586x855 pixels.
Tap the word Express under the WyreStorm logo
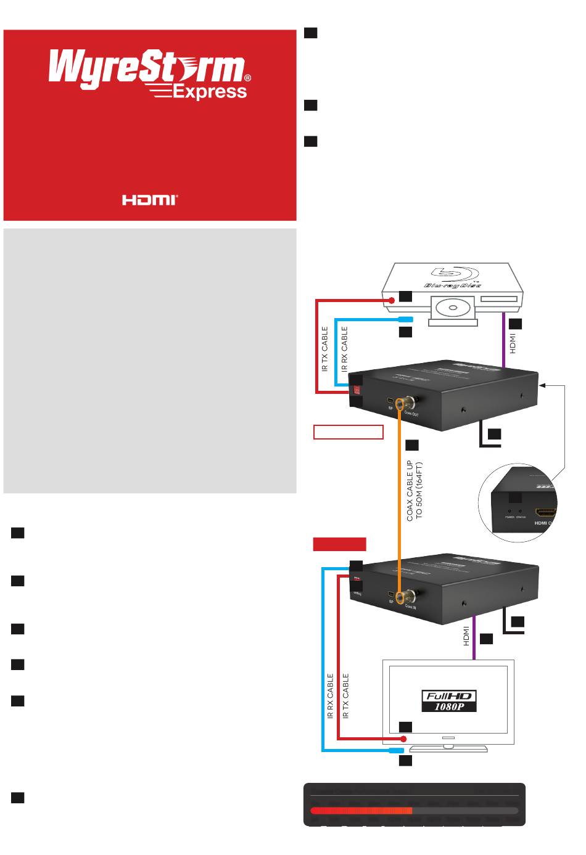point(210,92)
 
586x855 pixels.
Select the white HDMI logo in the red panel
point(150,200)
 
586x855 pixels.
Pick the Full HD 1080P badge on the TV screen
point(449,701)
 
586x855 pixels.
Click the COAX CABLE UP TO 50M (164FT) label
point(414,491)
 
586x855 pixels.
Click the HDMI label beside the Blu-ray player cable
point(513,343)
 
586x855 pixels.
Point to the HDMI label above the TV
point(466,636)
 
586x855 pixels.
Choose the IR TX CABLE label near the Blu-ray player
point(324,349)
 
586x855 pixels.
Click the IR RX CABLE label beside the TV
point(330,696)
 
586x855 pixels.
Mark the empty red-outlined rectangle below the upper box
point(349,432)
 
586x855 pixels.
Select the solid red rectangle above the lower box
point(339,544)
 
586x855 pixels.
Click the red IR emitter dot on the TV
point(403,738)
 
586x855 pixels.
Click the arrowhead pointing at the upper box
point(542,385)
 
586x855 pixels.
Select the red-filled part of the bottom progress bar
point(361,811)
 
